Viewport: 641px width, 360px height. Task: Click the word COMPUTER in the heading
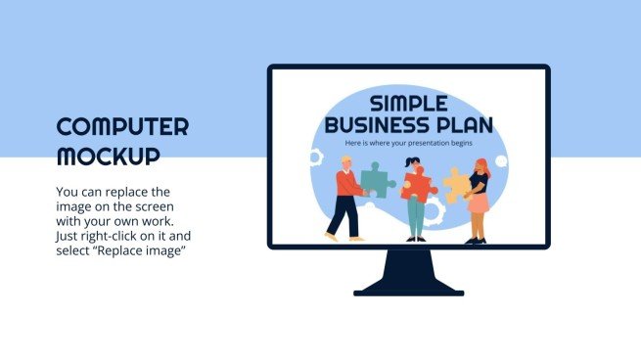tap(122, 127)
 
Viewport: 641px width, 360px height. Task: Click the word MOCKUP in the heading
tap(108, 156)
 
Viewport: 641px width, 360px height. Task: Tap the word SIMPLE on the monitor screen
tap(409, 104)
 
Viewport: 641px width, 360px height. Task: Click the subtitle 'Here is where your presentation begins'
tap(409, 144)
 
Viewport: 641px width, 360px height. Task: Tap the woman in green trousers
tap(416, 201)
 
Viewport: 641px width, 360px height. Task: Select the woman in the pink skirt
tap(478, 201)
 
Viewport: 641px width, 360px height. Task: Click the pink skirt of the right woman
tap(478, 203)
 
